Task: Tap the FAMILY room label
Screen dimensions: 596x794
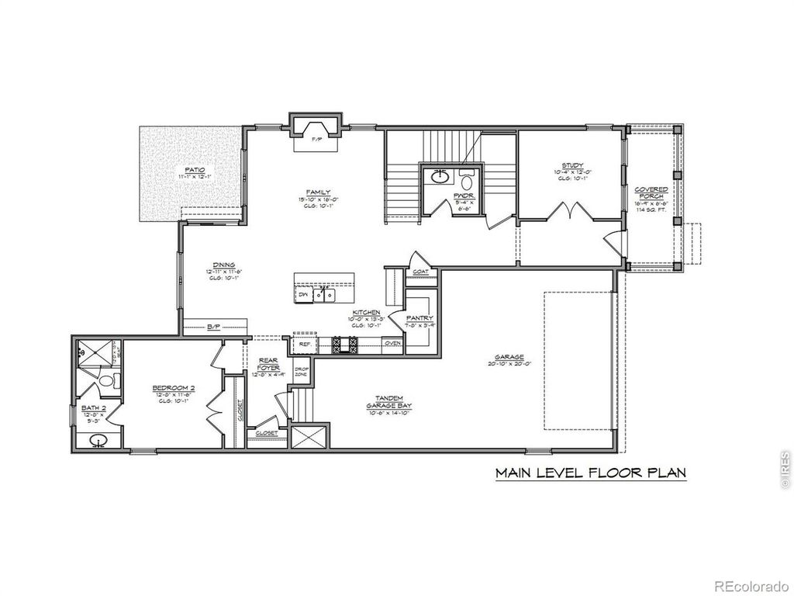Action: (x=318, y=192)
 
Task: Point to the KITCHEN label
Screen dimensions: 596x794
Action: (x=365, y=313)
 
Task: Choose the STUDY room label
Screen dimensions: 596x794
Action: (x=572, y=166)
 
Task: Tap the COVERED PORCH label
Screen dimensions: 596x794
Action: (x=651, y=194)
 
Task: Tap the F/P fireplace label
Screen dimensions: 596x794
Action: (x=316, y=140)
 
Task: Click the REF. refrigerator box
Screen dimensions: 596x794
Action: (x=305, y=344)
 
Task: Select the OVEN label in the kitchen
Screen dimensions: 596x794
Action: (x=392, y=344)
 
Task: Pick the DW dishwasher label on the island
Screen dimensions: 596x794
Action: (x=303, y=295)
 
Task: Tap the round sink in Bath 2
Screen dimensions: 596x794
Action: (x=98, y=442)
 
